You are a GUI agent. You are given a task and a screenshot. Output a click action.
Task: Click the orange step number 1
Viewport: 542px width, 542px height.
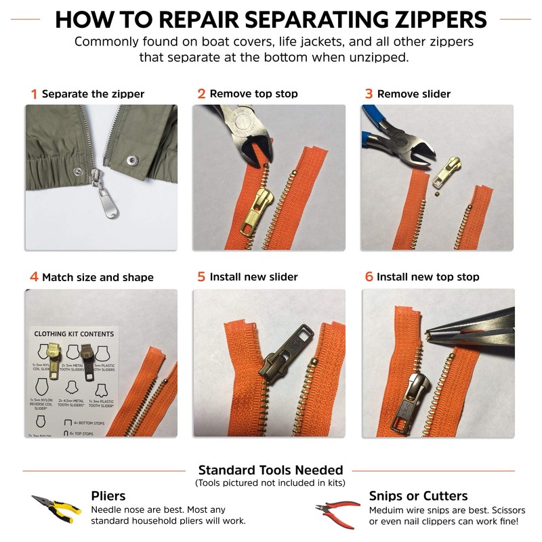click(x=33, y=94)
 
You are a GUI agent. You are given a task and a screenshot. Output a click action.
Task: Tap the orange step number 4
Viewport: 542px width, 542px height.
click(x=34, y=277)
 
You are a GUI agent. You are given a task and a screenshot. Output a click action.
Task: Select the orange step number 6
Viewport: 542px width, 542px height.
click(x=369, y=277)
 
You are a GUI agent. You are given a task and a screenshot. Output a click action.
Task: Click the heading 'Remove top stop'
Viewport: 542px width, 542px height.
click(x=253, y=94)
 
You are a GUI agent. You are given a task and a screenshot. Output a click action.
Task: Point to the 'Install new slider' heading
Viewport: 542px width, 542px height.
click(x=253, y=277)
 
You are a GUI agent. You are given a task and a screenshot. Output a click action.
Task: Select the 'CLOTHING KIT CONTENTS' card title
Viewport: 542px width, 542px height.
click(x=74, y=334)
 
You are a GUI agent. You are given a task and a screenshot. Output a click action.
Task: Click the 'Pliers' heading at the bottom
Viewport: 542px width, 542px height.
click(x=108, y=496)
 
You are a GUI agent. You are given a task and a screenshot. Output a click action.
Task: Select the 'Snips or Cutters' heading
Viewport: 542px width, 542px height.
click(x=418, y=496)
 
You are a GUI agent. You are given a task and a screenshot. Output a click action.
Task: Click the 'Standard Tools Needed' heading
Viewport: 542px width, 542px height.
click(x=270, y=470)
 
